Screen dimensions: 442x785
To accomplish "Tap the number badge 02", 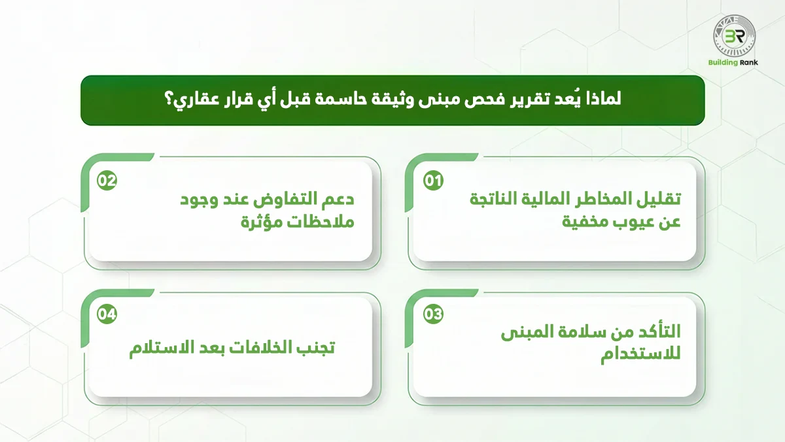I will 107,181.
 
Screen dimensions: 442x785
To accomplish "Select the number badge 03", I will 433,314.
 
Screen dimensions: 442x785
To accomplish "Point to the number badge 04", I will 107,314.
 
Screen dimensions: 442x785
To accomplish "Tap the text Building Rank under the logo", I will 733,65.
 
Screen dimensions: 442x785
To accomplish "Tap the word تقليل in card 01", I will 655,199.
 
